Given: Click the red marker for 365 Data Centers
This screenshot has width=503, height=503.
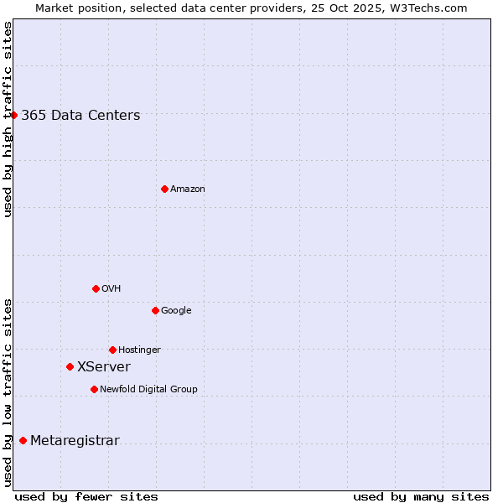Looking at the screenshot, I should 14,115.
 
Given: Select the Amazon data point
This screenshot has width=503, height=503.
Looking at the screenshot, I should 164,189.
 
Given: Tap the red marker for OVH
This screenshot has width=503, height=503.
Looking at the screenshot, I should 96,288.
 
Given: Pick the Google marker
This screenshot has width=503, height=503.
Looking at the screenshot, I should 155,310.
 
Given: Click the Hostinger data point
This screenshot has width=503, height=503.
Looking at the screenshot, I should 112,350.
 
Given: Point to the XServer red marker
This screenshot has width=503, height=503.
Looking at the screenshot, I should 70,366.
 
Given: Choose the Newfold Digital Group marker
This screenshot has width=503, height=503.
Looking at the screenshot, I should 94,389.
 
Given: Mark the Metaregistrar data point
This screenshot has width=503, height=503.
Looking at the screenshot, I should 23,440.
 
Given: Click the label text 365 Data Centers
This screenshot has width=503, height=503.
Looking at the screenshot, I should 80,116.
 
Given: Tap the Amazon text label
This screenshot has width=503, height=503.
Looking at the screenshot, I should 187,189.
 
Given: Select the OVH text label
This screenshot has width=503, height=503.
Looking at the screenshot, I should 111,289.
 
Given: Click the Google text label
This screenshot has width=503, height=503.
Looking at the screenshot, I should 176,311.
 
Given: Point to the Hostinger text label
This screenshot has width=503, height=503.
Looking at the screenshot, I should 139,350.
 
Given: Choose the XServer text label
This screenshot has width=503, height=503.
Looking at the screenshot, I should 103,367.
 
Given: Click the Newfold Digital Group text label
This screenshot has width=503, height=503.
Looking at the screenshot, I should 148,390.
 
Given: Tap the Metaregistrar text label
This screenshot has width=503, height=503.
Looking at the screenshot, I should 75,441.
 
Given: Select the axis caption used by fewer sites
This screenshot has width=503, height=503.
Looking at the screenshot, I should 86,496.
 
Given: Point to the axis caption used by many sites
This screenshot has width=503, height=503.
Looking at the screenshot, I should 420,496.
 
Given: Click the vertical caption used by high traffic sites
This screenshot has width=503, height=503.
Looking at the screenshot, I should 8,119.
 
